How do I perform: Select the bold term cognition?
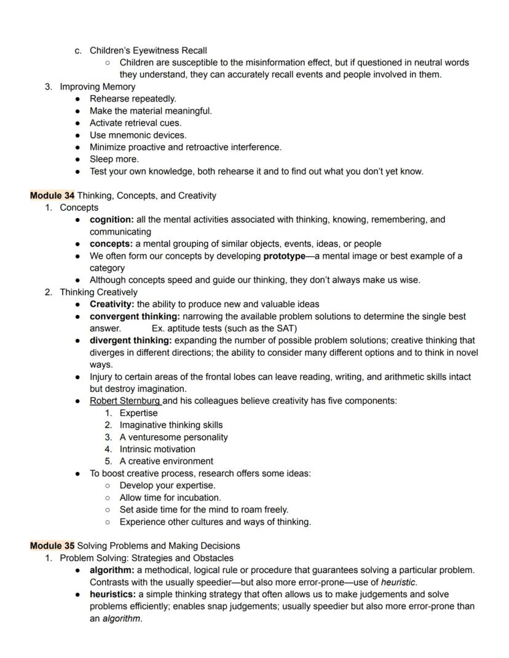coord(112,219)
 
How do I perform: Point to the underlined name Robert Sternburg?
coord(125,401)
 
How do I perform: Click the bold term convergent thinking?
coord(135,316)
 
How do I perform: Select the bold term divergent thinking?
coord(131,340)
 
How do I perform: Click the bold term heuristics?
coord(112,594)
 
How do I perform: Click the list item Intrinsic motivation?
coord(157,449)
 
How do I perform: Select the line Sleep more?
coord(114,159)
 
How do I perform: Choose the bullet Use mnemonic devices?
coord(138,135)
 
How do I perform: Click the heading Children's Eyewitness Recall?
coord(148,50)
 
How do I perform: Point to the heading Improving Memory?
coord(97,87)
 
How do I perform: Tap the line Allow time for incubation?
coord(170,498)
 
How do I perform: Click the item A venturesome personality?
coord(173,437)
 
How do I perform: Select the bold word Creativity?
coord(112,304)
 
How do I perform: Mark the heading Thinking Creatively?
coord(98,292)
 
